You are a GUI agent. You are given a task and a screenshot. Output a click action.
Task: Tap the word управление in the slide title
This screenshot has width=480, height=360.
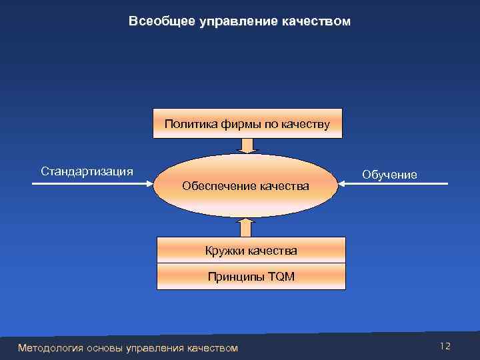coord(227,22)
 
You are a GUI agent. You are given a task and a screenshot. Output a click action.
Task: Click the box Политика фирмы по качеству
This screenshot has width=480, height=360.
coord(247,123)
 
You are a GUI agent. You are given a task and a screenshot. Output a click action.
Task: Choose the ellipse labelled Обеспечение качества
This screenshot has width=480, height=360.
coord(246,185)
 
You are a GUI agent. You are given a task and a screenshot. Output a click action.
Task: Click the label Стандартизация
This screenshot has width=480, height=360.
coord(87,171)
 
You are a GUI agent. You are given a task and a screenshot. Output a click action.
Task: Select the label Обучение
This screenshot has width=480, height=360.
coord(390,175)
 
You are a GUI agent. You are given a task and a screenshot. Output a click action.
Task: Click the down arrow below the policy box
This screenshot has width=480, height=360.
coord(248,145)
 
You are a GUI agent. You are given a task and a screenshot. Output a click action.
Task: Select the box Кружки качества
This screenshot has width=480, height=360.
coord(251,251)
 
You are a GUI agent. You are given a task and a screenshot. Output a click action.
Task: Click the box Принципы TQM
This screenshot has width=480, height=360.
coord(251,276)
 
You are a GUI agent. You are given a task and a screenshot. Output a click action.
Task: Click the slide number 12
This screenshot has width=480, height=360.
coord(445,346)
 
